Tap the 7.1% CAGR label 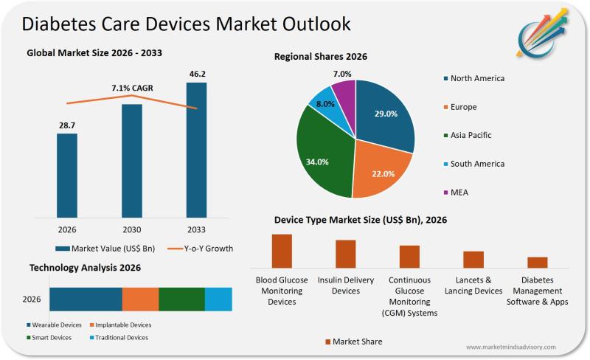pos(132,88)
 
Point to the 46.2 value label pos(196,75)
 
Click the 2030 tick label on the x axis pos(131,229)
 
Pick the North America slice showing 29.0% pos(385,114)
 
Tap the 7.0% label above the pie pos(342,74)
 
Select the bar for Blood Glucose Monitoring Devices pos(282,251)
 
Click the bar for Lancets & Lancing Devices pos(473,259)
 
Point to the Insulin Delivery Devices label pos(346,285)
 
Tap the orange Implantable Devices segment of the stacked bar pos(140,299)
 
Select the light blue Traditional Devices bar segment pos(218,299)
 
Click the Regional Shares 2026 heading pos(321,57)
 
